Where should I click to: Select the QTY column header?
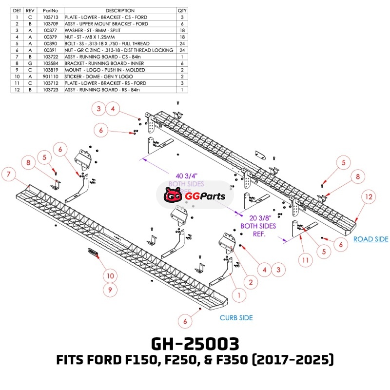pyautogui.click(x=182, y=10)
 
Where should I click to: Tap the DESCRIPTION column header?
pyautogui.click(x=119, y=10)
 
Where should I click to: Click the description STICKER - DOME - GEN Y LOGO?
pyautogui.click(x=100, y=77)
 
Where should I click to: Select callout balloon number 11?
pyautogui.click(x=305, y=261)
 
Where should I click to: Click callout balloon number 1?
pyautogui.click(x=239, y=295)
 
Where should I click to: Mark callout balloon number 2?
pyautogui.click(x=251, y=282)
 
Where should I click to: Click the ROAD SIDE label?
pyautogui.click(x=370, y=239)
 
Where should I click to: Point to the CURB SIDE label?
pyautogui.click(x=236, y=318)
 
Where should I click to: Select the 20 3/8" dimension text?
pyautogui.click(x=258, y=218)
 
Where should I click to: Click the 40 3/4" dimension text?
pyautogui.click(x=186, y=175)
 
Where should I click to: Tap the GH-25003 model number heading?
pyautogui.click(x=195, y=344)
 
